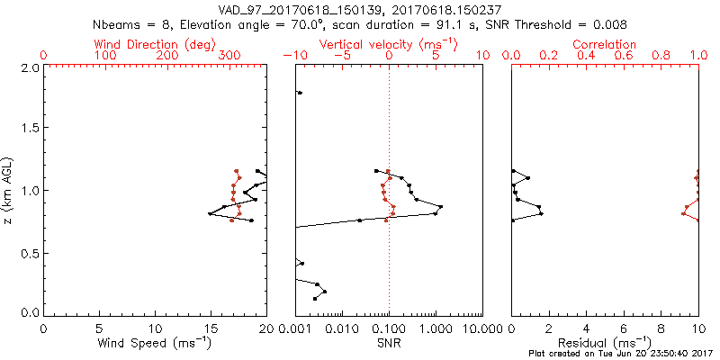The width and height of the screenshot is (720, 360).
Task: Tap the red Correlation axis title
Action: click(605, 44)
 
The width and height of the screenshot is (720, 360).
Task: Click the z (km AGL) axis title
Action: click(9, 189)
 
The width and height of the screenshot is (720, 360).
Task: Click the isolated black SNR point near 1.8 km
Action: click(300, 93)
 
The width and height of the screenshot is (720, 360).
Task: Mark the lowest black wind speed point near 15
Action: click(210, 213)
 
